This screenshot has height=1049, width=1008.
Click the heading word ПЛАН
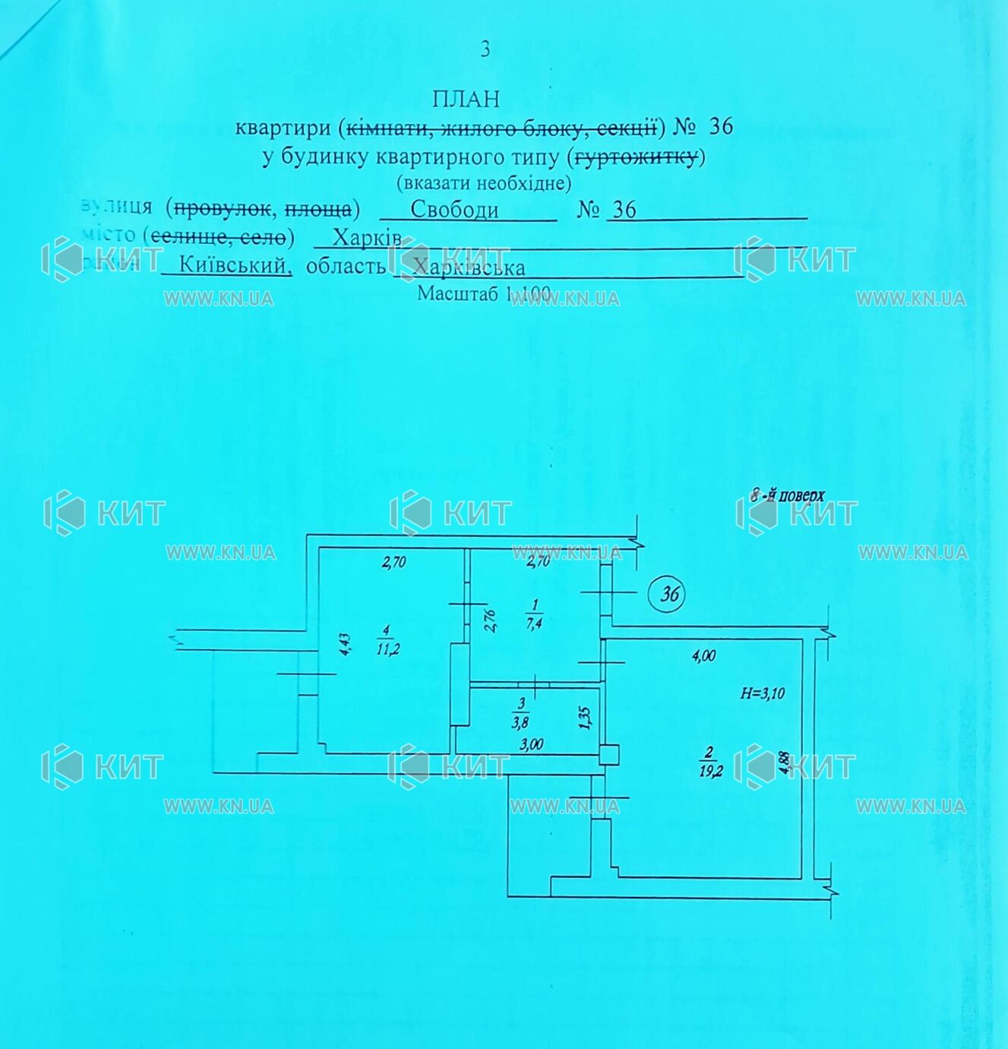click(x=466, y=99)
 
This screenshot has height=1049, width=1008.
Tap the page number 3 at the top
click(x=485, y=49)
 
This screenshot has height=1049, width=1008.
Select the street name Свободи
click(x=454, y=209)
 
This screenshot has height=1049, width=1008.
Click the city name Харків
click(x=367, y=239)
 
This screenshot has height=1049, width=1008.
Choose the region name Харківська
click(x=468, y=268)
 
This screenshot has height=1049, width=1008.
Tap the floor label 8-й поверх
click(x=788, y=496)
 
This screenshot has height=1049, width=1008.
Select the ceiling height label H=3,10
click(x=763, y=693)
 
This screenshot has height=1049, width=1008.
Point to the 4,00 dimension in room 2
click(x=703, y=656)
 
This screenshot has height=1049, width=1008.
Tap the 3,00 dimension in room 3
click(x=532, y=745)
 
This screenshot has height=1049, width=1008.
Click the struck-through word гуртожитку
click(x=636, y=157)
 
